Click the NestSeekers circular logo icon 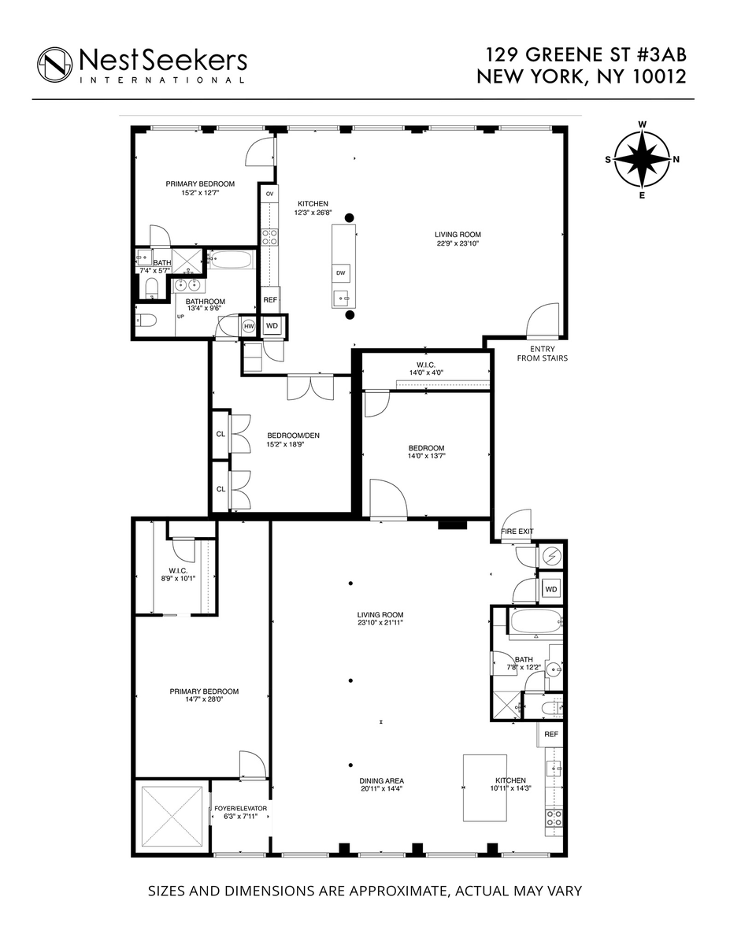(54, 65)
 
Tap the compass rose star (642, 159)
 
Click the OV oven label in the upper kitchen (269, 194)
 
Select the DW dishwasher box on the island (340, 273)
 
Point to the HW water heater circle (248, 326)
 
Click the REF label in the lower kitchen (551, 734)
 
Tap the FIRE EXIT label (517, 532)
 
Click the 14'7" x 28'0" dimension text (204, 699)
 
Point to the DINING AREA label (382, 780)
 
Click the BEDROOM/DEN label (294, 435)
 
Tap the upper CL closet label (220, 434)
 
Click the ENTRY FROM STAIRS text (542, 354)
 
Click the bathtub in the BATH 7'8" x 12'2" (535, 622)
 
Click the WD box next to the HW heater (272, 326)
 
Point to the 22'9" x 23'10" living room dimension (458, 243)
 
